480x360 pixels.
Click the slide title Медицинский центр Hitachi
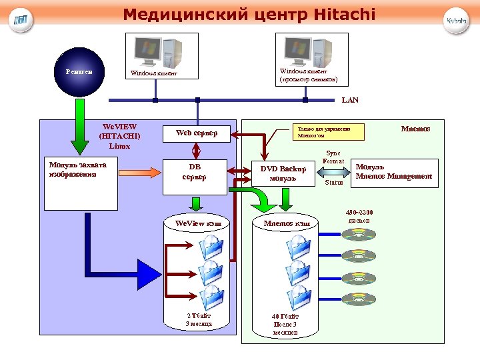click(249, 14)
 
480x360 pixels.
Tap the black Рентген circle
click(79, 71)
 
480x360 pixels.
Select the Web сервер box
click(197, 133)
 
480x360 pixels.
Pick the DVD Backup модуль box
click(283, 173)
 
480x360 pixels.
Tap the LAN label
click(350, 100)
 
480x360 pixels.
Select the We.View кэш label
click(198, 223)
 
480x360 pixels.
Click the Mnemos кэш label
click(287, 223)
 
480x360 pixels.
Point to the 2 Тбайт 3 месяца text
click(199, 319)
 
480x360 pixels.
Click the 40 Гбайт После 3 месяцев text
click(285, 324)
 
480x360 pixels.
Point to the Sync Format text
click(333, 157)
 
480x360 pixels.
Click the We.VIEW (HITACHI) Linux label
click(119, 135)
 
